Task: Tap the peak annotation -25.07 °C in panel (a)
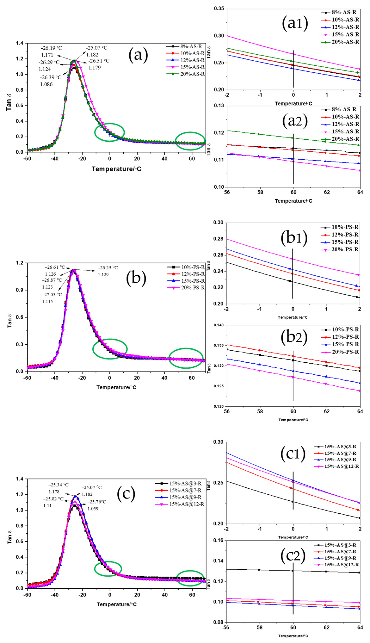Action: (97, 48)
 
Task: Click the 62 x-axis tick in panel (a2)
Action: (327, 192)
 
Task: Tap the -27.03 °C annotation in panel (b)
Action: (52, 295)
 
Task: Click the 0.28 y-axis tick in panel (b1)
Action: (219, 239)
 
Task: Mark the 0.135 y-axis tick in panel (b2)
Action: (218, 345)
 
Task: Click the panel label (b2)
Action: (294, 337)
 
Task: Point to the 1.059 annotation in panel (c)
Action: (93, 509)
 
